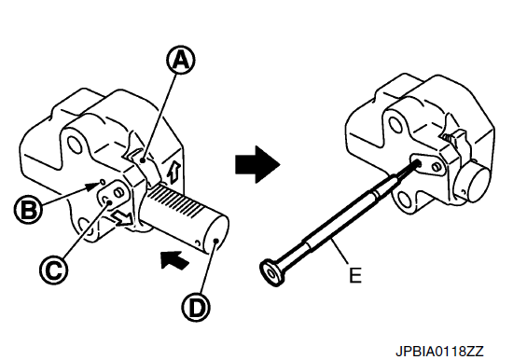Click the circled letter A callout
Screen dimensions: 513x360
click(x=181, y=60)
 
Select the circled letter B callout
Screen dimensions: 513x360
click(x=29, y=209)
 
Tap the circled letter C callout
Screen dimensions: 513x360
click(x=54, y=270)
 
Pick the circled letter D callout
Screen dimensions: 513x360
click(x=196, y=308)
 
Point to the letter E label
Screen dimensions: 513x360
click(x=355, y=275)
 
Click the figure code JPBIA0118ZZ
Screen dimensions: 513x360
click(x=439, y=352)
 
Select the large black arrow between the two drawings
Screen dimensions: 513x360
click(x=257, y=164)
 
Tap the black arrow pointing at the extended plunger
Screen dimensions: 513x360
click(x=175, y=260)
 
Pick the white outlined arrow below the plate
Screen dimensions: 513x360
click(x=123, y=218)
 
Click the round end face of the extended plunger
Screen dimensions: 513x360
click(x=215, y=236)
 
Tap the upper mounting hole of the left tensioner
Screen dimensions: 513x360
click(x=74, y=145)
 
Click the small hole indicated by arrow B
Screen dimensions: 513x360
click(x=102, y=181)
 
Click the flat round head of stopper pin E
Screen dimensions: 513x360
click(x=271, y=272)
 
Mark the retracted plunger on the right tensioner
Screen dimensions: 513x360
click(x=475, y=183)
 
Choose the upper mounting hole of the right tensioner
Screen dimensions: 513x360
click(x=395, y=123)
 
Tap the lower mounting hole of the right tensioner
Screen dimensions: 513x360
click(x=406, y=199)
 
